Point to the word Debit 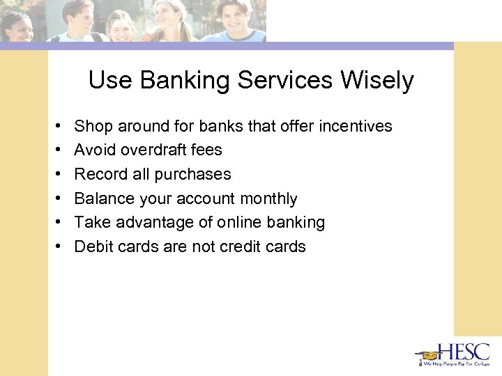[x=93, y=246]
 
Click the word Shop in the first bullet [x=93, y=126]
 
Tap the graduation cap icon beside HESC [x=427, y=354]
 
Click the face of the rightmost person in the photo [x=238, y=15]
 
